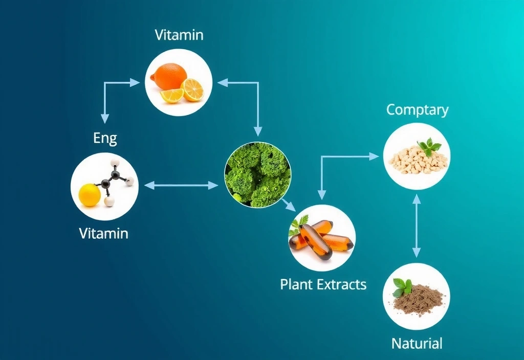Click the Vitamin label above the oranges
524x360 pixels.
pos(179,35)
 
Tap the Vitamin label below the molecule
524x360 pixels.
pos(103,233)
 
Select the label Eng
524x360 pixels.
pos(105,138)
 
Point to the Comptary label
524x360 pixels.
pos(418,110)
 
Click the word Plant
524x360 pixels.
pos(296,284)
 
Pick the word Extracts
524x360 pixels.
pos(341,284)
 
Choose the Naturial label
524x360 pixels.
pos(417,343)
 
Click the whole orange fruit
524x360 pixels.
pos(168,77)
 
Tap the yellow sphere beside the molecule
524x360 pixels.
pos(90,195)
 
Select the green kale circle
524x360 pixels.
pos(258,175)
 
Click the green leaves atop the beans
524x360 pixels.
pos(429,147)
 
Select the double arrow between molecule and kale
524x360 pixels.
pos(181,185)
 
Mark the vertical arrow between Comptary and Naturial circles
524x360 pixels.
pos(417,226)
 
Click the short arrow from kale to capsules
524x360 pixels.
pos(289,205)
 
